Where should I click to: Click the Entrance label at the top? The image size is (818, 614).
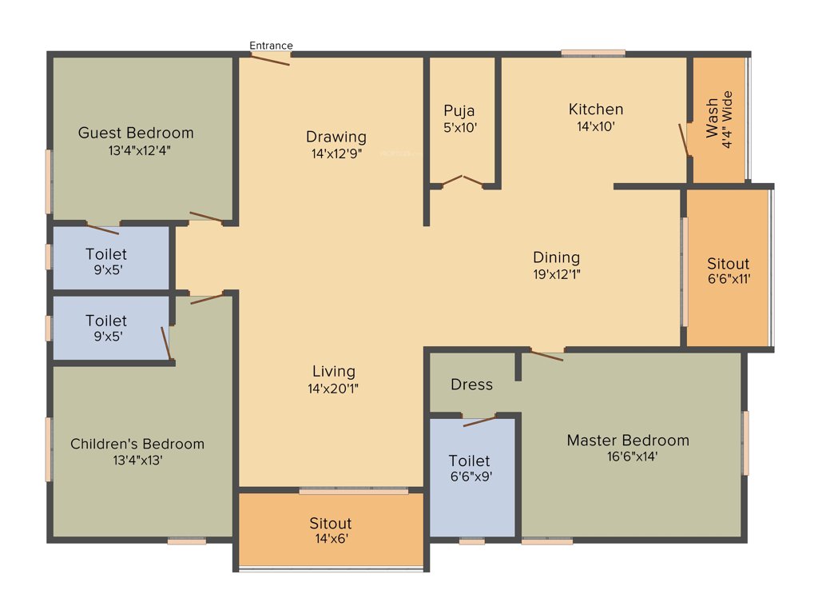click(271, 46)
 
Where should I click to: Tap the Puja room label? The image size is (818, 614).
click(459, 111)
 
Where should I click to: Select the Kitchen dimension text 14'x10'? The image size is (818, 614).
click(595, 126)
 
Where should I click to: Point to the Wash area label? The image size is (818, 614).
click(711, 118)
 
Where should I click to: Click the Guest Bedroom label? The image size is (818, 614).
click(136, 133)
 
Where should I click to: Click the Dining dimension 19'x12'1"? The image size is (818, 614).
click(556, 274)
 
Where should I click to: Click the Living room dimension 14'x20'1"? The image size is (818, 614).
click(334, 389)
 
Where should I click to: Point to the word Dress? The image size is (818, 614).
click(471, 385)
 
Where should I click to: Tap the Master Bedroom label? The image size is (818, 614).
click(628, 441)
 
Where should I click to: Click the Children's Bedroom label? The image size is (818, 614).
click(137, 444)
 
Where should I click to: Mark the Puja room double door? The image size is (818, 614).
click(463, 181)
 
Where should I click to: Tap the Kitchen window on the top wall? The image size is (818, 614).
click(593, 54)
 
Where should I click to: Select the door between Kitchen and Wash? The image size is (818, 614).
click(684, 140)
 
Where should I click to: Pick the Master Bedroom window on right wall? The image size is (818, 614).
click(745, 443)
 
